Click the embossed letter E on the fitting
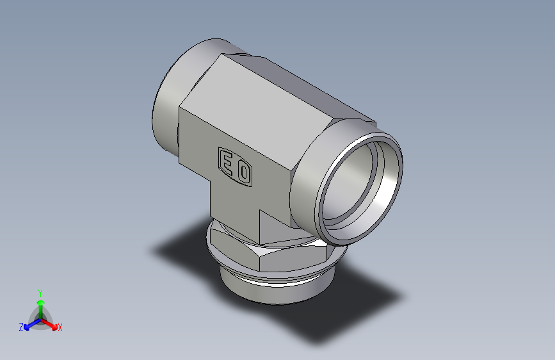pos(227,162)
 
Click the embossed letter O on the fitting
pos(243,172)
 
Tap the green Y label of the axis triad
pos(40,291)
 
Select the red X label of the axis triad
pos(60,328)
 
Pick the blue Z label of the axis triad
pos(21,327)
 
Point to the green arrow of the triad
pos(40,304)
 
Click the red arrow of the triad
pos(51,323)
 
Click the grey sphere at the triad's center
pos(40,318)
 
